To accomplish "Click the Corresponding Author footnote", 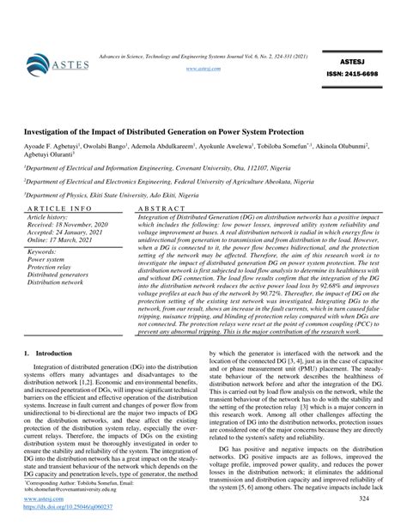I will point(86,484).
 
